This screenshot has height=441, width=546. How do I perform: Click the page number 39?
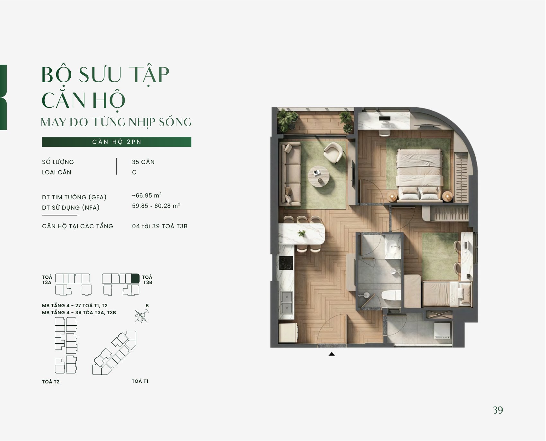click(x=498, y=410)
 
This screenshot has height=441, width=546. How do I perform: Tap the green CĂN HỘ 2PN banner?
click(x=117, y=142)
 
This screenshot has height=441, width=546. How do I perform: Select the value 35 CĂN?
click(x=143, y=162)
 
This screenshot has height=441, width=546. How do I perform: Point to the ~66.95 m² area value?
click(x=147, y=195)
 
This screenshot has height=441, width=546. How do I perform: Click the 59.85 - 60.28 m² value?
click(x=156, y=206)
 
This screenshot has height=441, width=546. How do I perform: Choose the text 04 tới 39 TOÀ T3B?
click(x=160, y=226)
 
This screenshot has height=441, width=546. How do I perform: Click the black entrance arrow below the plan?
click(x=332, y=354)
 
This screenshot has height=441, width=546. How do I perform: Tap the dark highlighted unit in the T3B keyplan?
click(x=136, y=278)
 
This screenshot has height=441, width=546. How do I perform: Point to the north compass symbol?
click(x=142, y=316)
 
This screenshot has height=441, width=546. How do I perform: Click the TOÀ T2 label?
click(x=51, y=382)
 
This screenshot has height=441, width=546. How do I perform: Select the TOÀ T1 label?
click(x=140, y=381)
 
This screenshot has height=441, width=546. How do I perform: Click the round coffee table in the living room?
click(x=318, y=176)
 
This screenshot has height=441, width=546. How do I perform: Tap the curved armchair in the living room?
click(x=333, y=153)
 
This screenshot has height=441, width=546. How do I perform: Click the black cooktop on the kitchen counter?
click(x=286, y=263)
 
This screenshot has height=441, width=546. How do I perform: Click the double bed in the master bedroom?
click(x=419, y=175)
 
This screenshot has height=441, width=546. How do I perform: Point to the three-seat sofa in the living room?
click(x=291, y=174)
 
